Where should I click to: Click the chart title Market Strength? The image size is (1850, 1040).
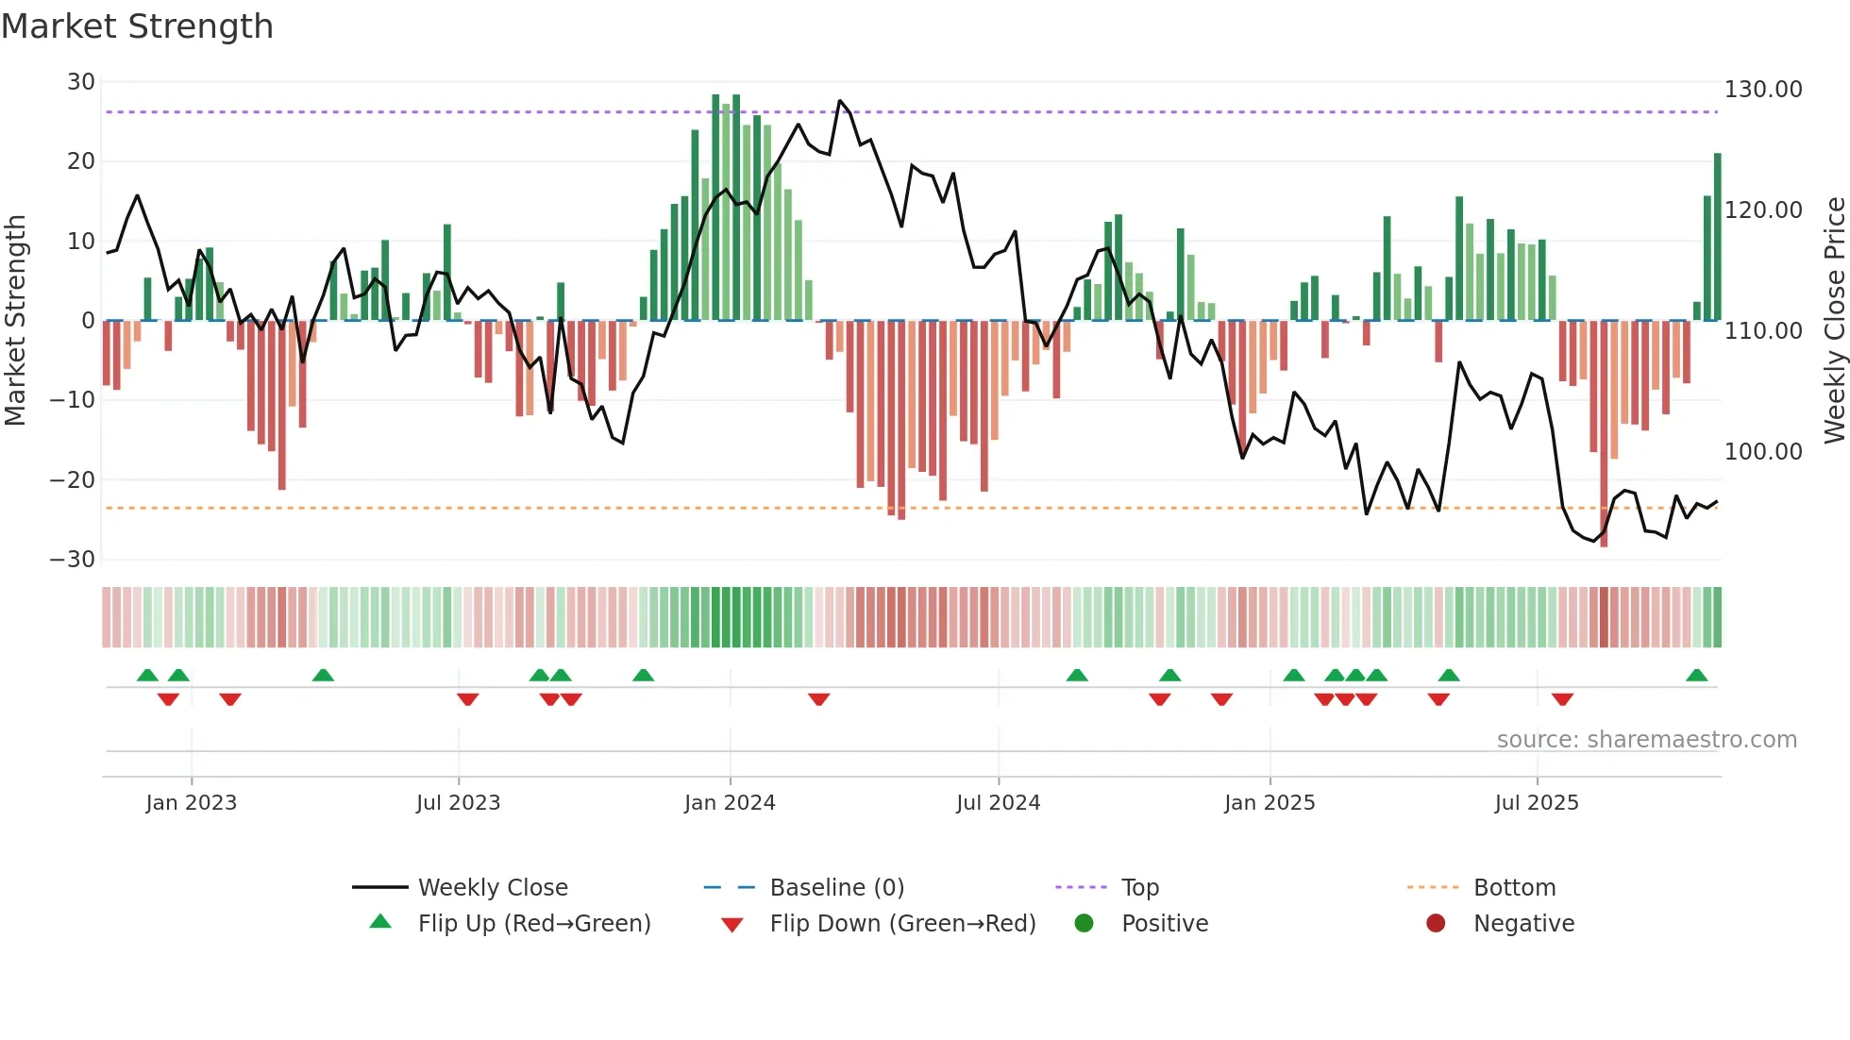[137, 26]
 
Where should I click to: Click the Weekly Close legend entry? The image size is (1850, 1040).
[492, 888]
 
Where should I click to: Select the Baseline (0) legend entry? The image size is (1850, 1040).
[836, 888]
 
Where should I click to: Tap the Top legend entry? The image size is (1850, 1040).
[1139, 888]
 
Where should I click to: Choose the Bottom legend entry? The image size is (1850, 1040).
[1514, 888]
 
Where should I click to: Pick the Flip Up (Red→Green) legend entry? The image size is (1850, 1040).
[533, 924]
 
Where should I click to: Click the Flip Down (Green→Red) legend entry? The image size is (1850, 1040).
[901, 924]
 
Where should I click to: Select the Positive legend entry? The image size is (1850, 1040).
[1164, 924]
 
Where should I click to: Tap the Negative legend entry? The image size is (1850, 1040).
[1523, 924]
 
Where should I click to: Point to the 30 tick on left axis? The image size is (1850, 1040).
[81, 82]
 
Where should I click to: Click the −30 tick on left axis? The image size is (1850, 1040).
[73, 560]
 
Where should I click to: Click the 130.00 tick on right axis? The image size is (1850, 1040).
[1762, 90]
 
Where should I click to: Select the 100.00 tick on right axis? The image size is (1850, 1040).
[1762, 452]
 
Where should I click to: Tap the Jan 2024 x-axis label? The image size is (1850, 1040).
[730, 803]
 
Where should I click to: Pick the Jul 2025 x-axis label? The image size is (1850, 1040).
[1537, 803]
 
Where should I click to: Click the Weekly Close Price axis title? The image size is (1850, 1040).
[1834, 320]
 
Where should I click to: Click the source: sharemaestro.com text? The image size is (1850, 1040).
[1646, 740]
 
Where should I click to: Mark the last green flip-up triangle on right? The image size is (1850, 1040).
[1696, 676]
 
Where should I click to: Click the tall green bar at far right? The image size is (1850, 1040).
[1718, 236]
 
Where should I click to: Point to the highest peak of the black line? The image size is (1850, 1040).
[840, 101]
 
